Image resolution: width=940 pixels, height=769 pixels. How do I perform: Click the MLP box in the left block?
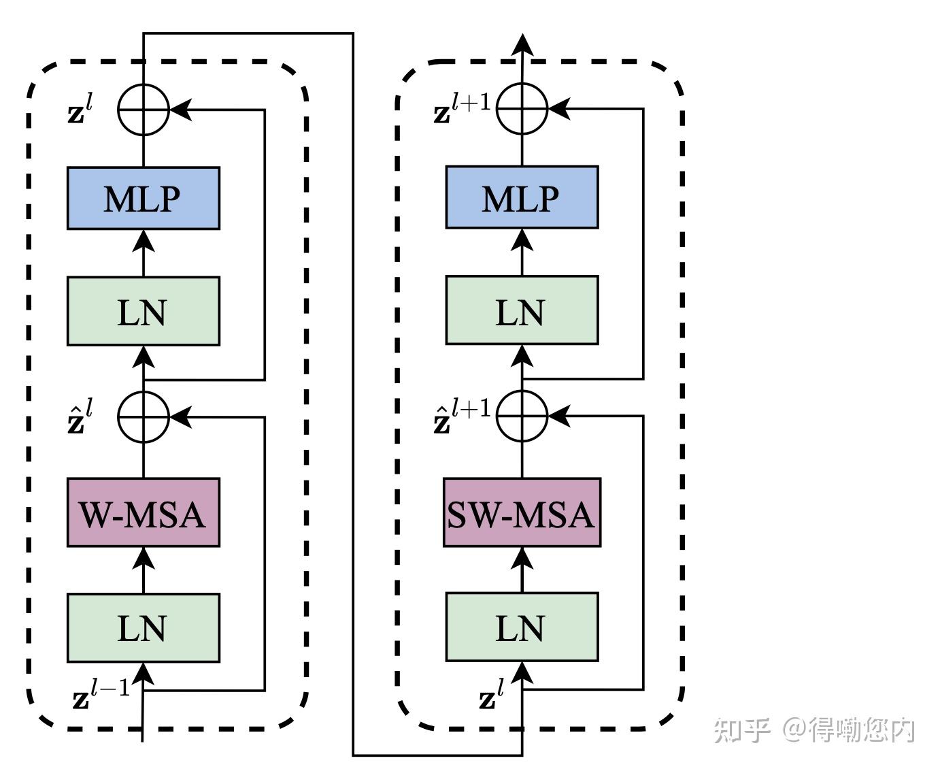143,198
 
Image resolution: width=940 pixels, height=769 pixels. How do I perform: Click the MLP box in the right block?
522,197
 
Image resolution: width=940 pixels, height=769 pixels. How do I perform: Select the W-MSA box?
143,512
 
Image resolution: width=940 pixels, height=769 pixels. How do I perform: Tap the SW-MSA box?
522,512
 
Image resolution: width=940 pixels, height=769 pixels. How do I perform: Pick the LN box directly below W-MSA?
143,627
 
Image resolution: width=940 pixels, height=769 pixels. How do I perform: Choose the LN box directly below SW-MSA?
522,627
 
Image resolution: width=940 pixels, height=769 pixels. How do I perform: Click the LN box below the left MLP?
143,311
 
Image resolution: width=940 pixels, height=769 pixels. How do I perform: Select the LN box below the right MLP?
522,310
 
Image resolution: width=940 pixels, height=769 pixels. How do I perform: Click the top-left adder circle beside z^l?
143,110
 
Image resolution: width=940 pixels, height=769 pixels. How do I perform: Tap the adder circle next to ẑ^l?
143,416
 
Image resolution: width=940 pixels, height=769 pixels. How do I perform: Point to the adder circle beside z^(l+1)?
522,108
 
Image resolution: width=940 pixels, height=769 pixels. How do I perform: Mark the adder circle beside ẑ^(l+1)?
522,415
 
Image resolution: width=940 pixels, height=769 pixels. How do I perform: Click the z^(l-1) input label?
100,694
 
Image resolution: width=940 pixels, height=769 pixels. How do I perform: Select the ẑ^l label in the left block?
80,418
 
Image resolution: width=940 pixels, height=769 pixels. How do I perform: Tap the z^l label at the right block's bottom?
491,694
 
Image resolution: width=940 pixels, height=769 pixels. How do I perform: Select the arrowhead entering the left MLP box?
143,240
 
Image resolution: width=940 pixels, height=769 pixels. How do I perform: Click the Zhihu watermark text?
813,730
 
